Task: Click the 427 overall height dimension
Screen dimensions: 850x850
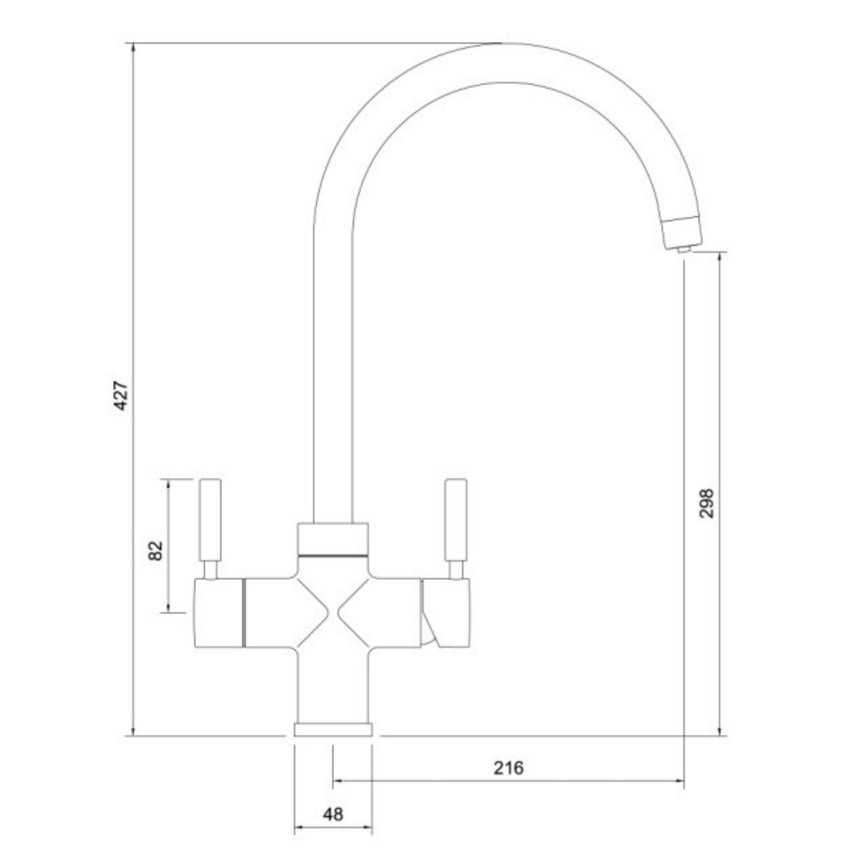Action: click(121, 396)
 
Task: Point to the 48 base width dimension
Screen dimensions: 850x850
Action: click(333, 814)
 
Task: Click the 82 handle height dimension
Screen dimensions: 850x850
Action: click(156, 550)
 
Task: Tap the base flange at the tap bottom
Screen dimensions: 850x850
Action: click(333, 730)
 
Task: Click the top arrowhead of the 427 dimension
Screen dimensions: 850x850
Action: click(133, 48)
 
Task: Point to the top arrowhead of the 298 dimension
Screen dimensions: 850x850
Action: click(719, 258)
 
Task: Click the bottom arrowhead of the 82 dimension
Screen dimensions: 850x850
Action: click(168, 608)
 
